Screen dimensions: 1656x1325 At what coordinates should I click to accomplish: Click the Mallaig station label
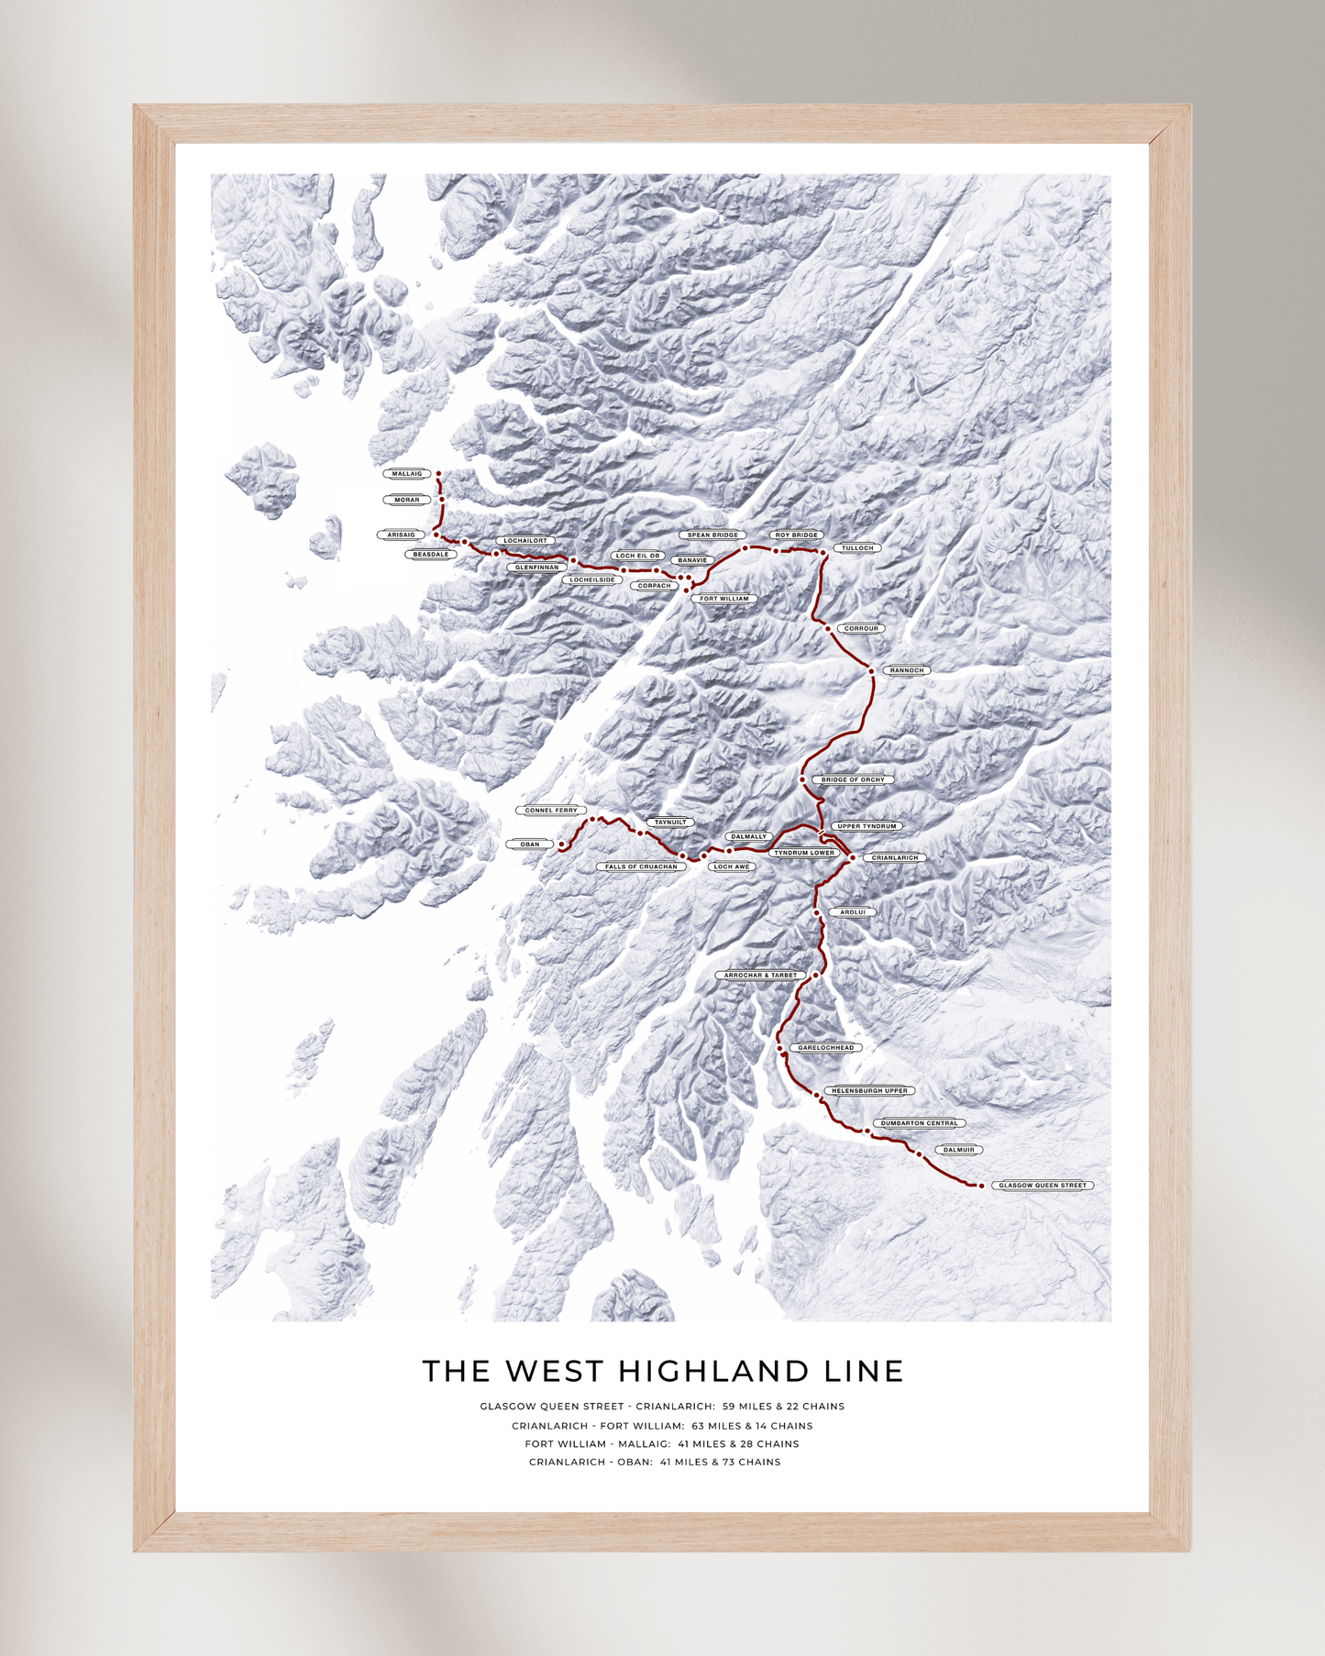(406, 474)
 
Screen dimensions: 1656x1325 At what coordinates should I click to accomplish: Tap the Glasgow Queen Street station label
(1043, 1186)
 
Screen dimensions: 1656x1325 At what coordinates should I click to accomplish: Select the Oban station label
(530, 845)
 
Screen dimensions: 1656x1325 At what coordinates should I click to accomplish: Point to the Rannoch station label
(907, 670)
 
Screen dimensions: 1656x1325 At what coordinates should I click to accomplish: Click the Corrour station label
(861, 629)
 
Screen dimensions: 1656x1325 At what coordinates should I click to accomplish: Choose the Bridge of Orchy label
(853, 780)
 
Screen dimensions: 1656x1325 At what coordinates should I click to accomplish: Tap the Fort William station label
(724, 599)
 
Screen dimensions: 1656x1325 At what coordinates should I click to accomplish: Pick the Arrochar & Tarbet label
(761, 976)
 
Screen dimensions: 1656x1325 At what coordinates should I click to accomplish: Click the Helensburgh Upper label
(869, 1091)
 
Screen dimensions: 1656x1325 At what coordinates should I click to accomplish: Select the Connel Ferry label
(551, 811)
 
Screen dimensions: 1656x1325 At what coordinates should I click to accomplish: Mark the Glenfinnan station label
(536, 568)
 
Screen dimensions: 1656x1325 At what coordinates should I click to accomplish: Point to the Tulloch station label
(857, 548)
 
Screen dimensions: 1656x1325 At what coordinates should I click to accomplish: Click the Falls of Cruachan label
(641, 867)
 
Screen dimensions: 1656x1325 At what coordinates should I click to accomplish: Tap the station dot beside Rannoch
(871, 671)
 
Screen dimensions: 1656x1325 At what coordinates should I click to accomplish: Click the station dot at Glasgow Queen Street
(981, 1186)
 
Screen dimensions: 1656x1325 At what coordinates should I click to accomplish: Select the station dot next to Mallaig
(438, 474)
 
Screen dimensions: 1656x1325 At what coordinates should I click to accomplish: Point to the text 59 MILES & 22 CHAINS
(783, 1407)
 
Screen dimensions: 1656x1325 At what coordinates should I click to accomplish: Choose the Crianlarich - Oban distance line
(655, 1463)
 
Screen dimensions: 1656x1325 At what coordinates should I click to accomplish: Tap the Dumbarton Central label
(919, 1123)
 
